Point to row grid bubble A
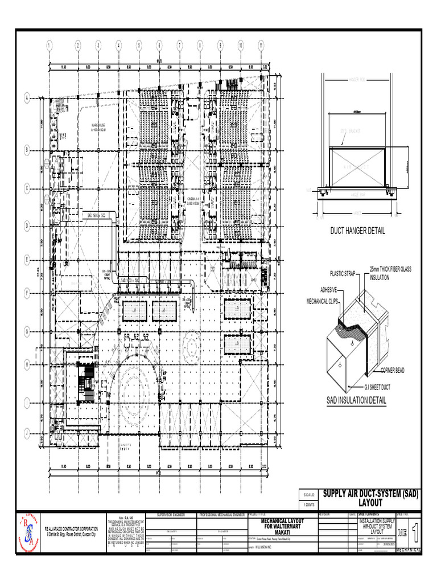point(27,98)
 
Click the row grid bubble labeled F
point(27,293)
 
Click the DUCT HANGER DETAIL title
point(358,231)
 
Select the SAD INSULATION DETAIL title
point(356,401)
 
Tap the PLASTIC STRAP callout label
point(342,274)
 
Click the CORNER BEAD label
point(393,371)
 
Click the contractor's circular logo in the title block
point(27,534)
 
